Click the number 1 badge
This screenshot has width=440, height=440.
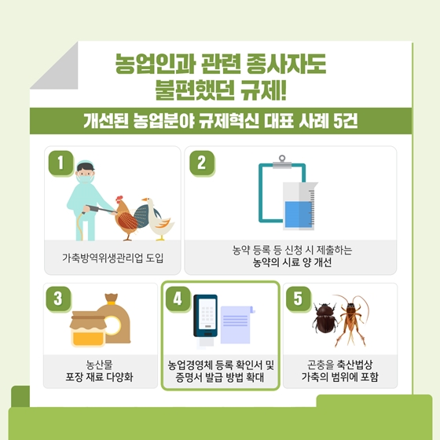[61, 163]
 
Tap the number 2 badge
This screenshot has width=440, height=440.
[202, 163]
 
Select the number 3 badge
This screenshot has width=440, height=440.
[58, 299]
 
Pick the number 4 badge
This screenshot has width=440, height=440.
[178, 299]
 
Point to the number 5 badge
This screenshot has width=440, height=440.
[298, 299]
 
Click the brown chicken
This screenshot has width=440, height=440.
[126, 218]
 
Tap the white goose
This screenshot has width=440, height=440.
[157, 219]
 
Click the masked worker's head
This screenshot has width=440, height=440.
[85, 172]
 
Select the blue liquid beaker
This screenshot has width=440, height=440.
[299, 206]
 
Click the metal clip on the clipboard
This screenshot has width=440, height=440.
[282, 162]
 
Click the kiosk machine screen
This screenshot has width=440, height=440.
[207, 314]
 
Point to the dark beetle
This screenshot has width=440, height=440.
[325, 318]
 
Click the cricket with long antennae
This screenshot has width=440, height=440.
[350, 320]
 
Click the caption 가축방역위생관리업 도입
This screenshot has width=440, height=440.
[112, 258]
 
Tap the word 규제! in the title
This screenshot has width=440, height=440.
[263, 90]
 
